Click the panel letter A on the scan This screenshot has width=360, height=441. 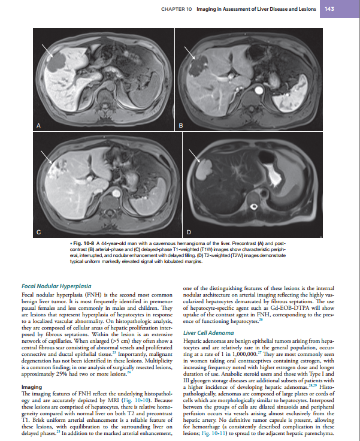point(40,126)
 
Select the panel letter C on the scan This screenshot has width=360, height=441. point(40,232)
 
